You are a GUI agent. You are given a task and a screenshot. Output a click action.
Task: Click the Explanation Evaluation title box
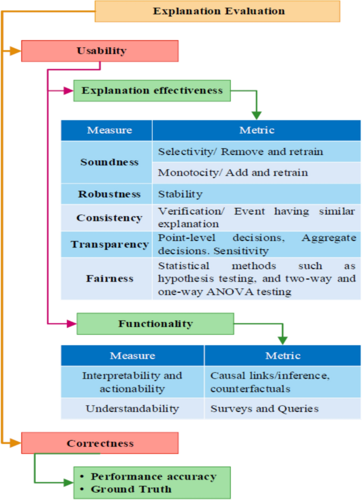tap(217, 11)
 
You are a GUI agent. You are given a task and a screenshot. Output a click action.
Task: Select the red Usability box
tap(100, 51)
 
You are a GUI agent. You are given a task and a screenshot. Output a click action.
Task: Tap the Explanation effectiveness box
tap(152, 91)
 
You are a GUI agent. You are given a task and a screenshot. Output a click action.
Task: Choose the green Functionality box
tap(155, 323)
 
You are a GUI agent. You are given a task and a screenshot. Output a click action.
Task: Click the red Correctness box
tap(100, 443)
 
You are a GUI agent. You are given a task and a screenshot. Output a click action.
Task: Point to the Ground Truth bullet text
tap(131, 489)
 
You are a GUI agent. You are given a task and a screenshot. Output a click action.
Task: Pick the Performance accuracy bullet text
tap(153, 477)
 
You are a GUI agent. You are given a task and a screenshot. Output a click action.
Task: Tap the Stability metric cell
tap(180, 194)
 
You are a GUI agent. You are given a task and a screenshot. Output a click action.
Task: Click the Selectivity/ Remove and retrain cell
tap(240, 152)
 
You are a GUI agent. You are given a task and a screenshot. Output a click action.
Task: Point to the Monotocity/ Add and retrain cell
tap(233, 173)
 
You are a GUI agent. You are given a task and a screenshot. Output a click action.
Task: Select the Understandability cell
tap(132, 409)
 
